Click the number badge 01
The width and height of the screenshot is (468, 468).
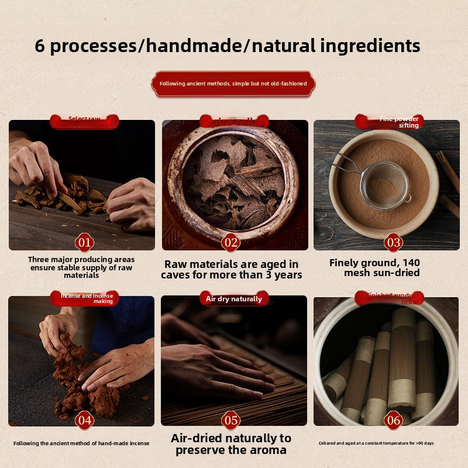coord(84,242)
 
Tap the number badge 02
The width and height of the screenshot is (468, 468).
coord(230,242)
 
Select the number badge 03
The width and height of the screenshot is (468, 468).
coord(393,242)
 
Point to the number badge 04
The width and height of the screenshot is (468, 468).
coord(84,419)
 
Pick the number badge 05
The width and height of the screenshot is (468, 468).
coord(230,419)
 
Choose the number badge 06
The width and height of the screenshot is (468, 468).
coord(393,419)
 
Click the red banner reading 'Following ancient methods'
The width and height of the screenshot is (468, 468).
coord(233,84)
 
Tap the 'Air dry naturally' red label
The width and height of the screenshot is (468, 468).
coord(234,298)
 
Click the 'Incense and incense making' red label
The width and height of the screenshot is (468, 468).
coord(85,298)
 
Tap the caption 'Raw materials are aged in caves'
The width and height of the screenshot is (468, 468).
coord(232,269)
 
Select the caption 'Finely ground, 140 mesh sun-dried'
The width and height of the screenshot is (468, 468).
coord(374,267)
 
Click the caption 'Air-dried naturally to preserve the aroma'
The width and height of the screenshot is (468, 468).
coord(230,443)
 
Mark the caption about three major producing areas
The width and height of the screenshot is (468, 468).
coord(81,267)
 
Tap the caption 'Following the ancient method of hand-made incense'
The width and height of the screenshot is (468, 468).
coord(81,443)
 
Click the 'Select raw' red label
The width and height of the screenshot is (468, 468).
coord(84,121)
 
